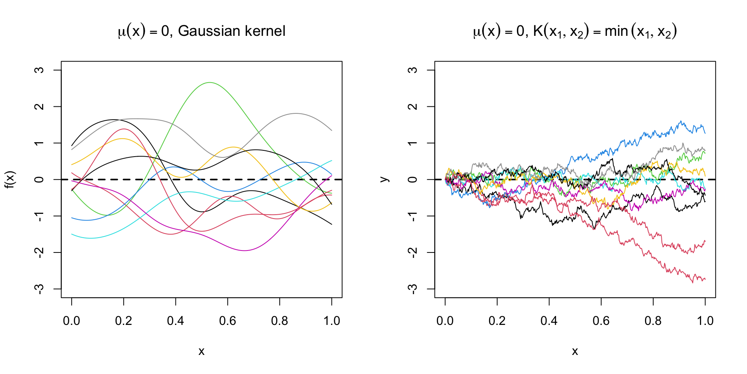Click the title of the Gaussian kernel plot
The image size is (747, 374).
[x=202, y=31]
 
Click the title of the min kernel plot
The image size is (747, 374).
[x=575, y=31]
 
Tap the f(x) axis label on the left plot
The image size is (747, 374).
[x=10, y=180]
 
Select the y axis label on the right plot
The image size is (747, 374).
[x=384, y=180]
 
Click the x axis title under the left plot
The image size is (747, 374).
[x=202, y=351]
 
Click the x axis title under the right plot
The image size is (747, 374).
[x=575, y=351]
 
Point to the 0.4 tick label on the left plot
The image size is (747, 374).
[x=175, y=321]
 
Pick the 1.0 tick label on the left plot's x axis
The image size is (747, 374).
[x=331, y=321]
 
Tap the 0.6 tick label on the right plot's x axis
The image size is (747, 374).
[x=601, y=321]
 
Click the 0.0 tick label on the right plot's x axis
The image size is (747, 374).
[x=445, y=321]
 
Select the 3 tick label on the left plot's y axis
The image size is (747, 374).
[x=39, y=70]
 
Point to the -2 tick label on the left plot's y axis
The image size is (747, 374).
[x=39, y=252]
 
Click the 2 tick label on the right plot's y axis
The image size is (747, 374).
[x=413, y=107]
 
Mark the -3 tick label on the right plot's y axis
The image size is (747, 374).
[x=413, y=289]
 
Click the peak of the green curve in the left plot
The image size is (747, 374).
[x=210, y=83]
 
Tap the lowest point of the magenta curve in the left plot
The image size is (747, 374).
[x=244, y=251]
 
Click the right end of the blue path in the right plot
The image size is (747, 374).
[x=705, y=133]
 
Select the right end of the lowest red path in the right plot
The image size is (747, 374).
[x=705, y=279]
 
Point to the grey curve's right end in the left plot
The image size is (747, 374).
[x=331, y=131]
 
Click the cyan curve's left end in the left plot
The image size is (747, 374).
[x=72, y=235]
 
